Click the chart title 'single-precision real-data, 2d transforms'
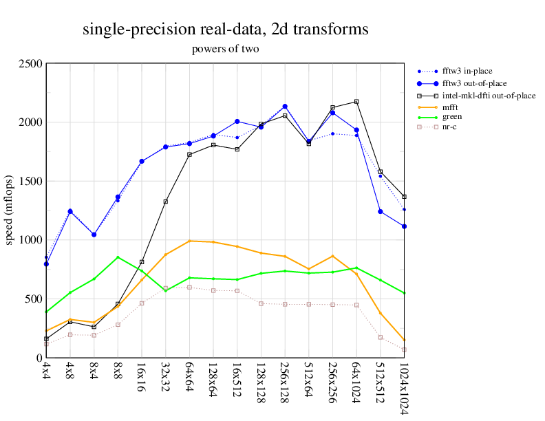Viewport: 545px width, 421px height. click(x=225, y=30)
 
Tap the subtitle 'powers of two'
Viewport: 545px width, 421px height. click(x=225, y=50)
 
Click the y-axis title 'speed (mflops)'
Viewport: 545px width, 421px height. click(x=10, y=210)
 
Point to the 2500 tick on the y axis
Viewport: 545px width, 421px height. click(x=30, y=64)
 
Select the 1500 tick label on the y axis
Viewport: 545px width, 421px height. click(x=30, y=182)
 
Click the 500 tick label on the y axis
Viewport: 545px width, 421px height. click(x=33, y=299)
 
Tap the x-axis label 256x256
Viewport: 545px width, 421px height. click(x=332, y=380)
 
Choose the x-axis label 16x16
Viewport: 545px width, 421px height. click(x=142, y=376)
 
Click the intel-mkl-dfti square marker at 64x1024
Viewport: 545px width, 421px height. click(x=356, y=102)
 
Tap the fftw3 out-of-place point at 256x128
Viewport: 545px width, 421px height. click(x=285, y=107)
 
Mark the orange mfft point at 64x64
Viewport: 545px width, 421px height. click(x=189, y=241)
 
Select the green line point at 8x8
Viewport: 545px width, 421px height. click(x=118, y=257)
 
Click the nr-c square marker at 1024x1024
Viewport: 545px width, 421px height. click(x=404, y=349)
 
